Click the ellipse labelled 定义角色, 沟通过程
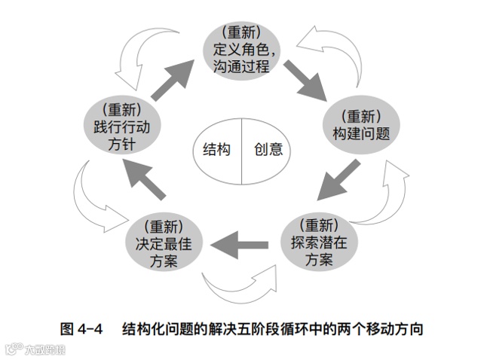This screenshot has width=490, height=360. tap(242, 49)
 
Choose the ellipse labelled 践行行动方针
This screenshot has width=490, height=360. tap(121, 127)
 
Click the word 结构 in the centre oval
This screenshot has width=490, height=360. tap(216, 149)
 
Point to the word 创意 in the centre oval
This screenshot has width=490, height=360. tap(268, 149)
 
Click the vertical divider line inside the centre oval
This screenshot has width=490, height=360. tap(241, 149)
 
